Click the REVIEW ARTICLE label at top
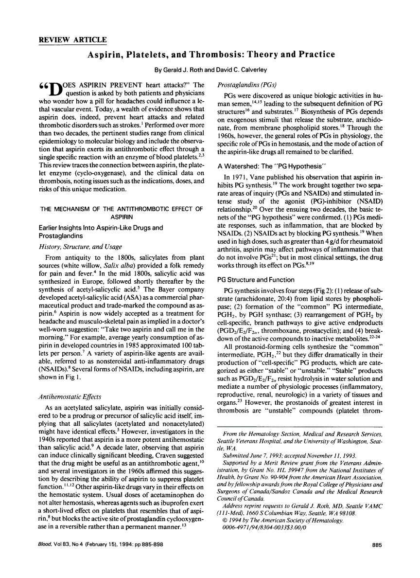[73, 39]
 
